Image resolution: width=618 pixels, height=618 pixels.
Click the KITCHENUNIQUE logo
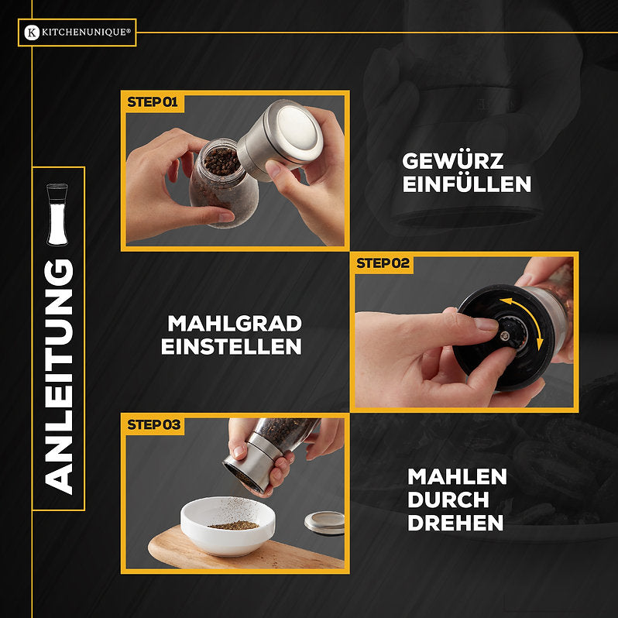77,33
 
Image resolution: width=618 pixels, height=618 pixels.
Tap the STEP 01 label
153,101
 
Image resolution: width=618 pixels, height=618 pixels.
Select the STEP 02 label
383,263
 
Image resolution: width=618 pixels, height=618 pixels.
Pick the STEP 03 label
153,424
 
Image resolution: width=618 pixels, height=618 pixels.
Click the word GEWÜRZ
452,161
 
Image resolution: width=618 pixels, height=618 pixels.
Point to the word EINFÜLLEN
466,184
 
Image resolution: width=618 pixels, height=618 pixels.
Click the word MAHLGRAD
234,323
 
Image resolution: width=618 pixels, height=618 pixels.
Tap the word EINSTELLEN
231,346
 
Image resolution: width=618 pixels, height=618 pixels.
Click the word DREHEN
455,523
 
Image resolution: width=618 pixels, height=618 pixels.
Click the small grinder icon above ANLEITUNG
57,215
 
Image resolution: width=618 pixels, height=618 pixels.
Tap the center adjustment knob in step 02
504,335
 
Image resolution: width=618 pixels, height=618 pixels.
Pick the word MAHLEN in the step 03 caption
457,476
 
